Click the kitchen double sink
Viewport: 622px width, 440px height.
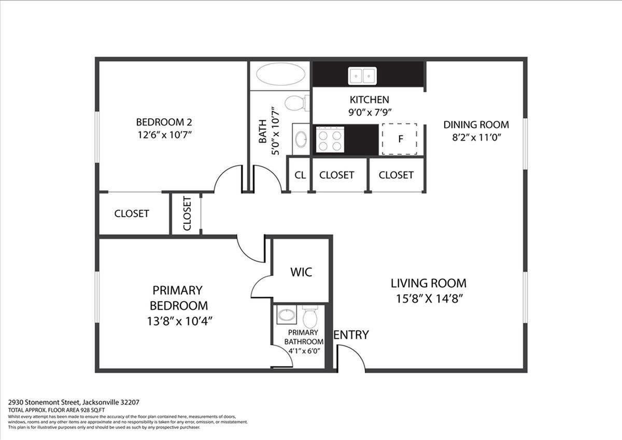[362, 76]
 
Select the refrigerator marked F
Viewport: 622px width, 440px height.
[400, 139]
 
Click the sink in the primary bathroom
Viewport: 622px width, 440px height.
[286, 315]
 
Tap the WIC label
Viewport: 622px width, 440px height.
[301, 272]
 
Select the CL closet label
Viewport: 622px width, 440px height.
[300, 175]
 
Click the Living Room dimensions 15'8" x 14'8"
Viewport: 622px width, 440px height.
[428, 299]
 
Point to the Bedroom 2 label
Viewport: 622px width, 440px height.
[164, 122]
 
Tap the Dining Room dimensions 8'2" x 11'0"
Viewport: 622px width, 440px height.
[476, 137]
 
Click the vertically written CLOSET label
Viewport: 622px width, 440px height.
[187, 213]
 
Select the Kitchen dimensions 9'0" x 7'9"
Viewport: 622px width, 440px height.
[369, 112]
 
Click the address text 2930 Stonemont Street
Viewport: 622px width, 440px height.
[44, 402]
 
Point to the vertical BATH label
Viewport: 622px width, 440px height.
[263, 132]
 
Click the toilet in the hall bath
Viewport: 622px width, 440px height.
[295, 102]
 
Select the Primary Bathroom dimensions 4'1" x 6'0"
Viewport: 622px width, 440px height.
[304, 351]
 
